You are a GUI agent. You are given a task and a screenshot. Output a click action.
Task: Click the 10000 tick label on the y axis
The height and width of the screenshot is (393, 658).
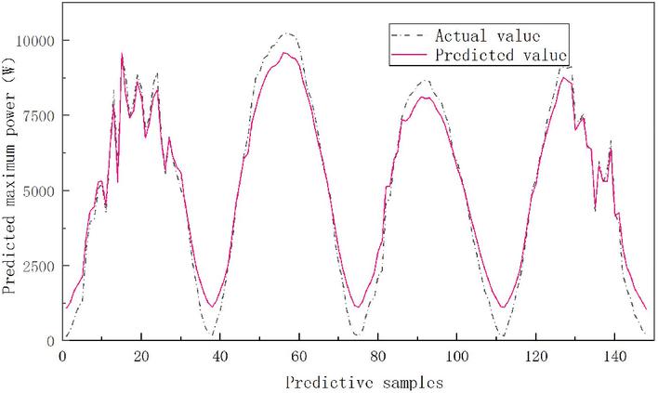tap(35, 40)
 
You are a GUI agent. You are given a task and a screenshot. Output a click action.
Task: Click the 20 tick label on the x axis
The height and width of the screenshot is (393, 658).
tap(140, 357)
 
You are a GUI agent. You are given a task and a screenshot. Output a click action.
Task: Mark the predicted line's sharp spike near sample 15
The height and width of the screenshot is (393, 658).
tap(122, 54)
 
